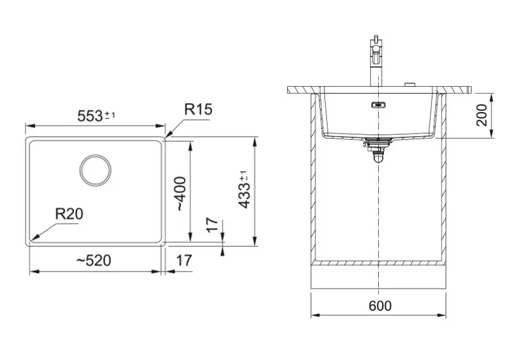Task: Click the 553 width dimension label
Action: pyautogui.click(x=96, y=116)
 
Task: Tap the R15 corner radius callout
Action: pyautogui.click(x=198, y=109)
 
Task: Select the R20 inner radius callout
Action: pyautogui.click(x=69, y=214)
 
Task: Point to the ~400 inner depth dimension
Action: pyautogui.click(x=182, y=194)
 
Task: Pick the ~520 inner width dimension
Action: pyautogui.click(x=94, y=261)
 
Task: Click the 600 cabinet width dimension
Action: pyautogui.click(x=380, y=306)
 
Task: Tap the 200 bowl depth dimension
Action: pyautogui.click(x=482, y=115)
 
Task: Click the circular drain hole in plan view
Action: pyautogui.click(x=95, y=170)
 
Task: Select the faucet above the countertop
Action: pyautogui.click(x=376, y=61)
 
